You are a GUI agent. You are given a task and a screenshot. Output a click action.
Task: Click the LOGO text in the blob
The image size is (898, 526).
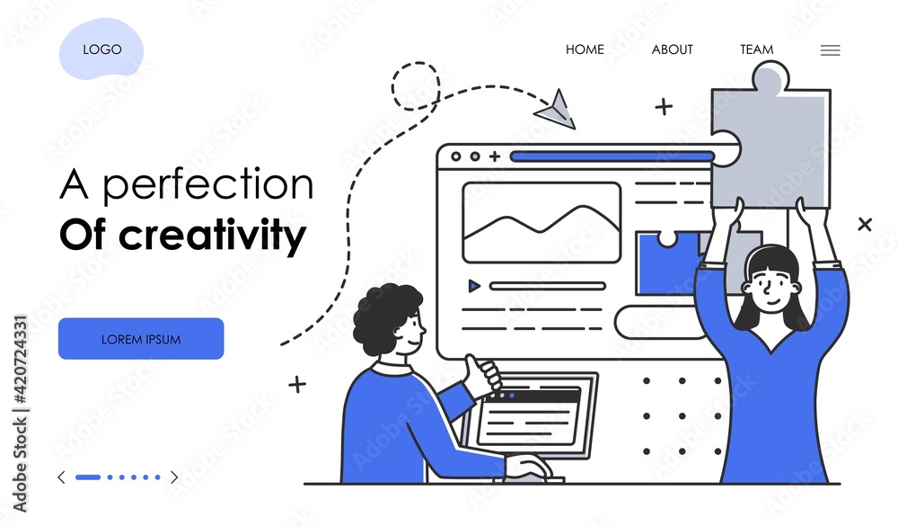102,49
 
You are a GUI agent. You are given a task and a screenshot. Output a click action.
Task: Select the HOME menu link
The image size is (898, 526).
585,50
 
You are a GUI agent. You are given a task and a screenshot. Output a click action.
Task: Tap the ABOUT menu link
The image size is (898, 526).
673,50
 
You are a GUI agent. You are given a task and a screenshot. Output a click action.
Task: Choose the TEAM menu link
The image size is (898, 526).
756,50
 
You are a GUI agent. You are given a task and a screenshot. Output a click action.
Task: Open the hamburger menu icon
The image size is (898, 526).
831,50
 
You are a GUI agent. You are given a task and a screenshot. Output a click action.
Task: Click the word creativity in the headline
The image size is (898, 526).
213,236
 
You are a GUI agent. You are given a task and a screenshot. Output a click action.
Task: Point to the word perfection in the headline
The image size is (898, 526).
208,185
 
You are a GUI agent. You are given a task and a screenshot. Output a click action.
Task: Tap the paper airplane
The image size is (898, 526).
555,110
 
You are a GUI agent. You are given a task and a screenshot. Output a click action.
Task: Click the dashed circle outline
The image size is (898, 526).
392,86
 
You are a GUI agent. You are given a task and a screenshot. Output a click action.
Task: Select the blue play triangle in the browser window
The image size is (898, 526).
473,286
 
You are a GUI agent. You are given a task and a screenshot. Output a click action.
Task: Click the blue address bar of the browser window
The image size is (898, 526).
612,156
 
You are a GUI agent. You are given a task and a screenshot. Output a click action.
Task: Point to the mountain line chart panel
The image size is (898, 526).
541,223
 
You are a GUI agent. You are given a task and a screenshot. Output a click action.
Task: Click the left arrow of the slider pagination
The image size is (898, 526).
61,477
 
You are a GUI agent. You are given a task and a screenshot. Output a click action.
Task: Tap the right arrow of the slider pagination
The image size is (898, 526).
174,477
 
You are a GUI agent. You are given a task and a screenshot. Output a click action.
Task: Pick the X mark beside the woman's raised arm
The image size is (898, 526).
865,224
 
